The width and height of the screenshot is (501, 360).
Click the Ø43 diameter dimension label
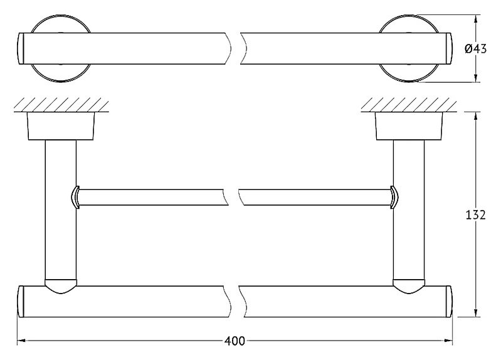click(475, 49)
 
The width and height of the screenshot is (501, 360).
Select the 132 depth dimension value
click(475, 215)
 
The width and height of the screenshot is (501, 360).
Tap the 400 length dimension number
click(235, 341)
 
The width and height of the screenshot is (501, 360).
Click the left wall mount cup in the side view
click(61, 126)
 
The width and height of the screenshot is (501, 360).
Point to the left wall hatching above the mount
click(61, 105)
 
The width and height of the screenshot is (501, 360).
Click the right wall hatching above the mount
click(409, 105)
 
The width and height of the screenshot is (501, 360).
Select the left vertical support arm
click(61, 211)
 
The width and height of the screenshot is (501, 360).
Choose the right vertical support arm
click(409, 211)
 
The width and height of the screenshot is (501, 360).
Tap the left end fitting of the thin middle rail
click(75, 198)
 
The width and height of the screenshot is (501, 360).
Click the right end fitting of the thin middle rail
click(394, 198)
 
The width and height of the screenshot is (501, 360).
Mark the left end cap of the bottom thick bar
click(21, 302)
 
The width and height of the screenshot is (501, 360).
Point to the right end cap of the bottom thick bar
click(449, 302)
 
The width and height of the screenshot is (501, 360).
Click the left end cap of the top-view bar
click(21, 48)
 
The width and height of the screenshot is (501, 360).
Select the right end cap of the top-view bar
click(449, 48)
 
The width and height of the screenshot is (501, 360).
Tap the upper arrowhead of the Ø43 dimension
click(476, 19)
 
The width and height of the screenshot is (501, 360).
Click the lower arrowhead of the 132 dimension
click(476, 313)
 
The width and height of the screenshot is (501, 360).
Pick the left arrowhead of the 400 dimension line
click(21, 341)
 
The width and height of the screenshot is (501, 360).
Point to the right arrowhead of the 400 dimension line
click(448, 341)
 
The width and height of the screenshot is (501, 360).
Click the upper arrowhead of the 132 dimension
click(476, 117)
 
